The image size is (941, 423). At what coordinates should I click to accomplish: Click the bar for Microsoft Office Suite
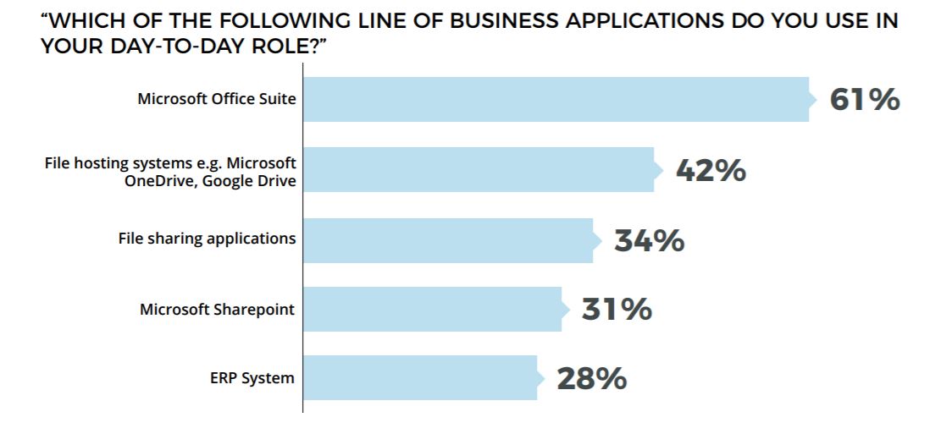pyautogui.click(x=555, y=99)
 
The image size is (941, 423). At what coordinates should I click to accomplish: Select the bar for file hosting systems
pyautogui.click(x=478, y=169)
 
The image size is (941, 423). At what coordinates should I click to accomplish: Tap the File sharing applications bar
pyautogui.click(x=447, y=239)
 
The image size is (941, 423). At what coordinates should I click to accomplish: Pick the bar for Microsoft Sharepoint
pyautogui.click(x=431, y=309)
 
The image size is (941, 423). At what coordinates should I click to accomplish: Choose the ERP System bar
pyautogui.click(x=419, y=378)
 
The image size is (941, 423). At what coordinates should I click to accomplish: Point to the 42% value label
pyautogui.click(x=710, y=170)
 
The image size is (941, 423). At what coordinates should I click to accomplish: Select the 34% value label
pyautogui.click(x=649, y=240)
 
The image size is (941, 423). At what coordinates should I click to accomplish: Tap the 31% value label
pyautogui.click(x=617, y=310)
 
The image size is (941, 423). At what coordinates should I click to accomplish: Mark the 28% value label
pyautogui.click(x=591, y=379)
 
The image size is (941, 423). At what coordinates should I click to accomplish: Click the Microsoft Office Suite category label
pyautogui.click(x=217, y=99)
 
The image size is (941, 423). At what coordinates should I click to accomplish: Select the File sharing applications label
pyautogui.click(x=207, y=239)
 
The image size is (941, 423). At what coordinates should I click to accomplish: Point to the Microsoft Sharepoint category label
pyautogui.click(x=217, y=309)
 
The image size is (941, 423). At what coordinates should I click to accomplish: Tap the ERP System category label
pyautogui.click(x=252, y=378)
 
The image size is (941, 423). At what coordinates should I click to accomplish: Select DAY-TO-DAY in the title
pyautogui.click(x=172, y=46)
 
